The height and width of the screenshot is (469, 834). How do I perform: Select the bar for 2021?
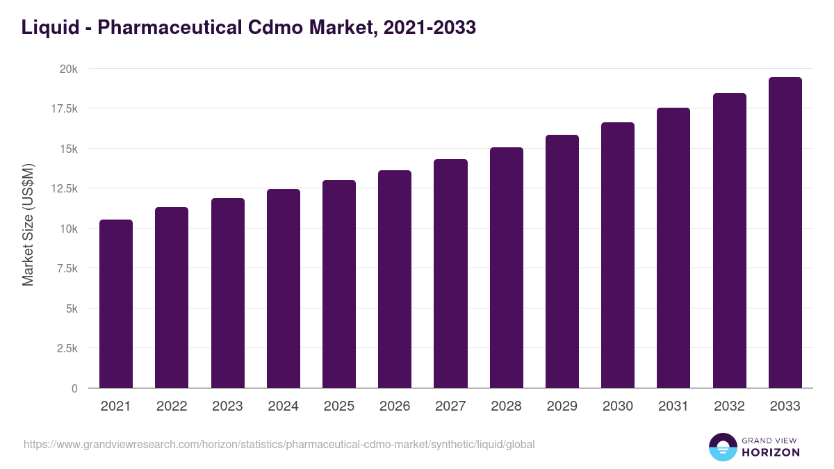[x=116, y=304]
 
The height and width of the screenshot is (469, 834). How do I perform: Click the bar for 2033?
[x=785, y=233]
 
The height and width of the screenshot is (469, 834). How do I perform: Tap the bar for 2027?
[x=450, y=274]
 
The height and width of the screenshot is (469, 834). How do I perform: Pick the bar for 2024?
[x=284, y=288]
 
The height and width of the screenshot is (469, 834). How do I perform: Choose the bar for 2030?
[x=618, y=255]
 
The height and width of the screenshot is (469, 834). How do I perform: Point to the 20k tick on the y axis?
[x=68, y=69]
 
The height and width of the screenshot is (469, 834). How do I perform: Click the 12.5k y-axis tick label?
[x=63, y=188]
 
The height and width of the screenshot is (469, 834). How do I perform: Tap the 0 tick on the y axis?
[x=74, y=388]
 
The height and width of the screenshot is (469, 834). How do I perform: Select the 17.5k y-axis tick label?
[x=63, y=108]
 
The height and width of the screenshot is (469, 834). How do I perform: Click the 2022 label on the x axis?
[x=172, y=406]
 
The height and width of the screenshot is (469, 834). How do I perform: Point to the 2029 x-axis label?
[x=562, y=406]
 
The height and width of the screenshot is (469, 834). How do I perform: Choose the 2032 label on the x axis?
[x=729, y=406]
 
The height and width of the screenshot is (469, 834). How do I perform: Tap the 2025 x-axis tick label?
[x=339, y=406]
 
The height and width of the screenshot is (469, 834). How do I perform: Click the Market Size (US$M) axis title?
[x=28, y=224]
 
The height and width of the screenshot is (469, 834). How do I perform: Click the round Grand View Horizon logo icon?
[x=723, y=447]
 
